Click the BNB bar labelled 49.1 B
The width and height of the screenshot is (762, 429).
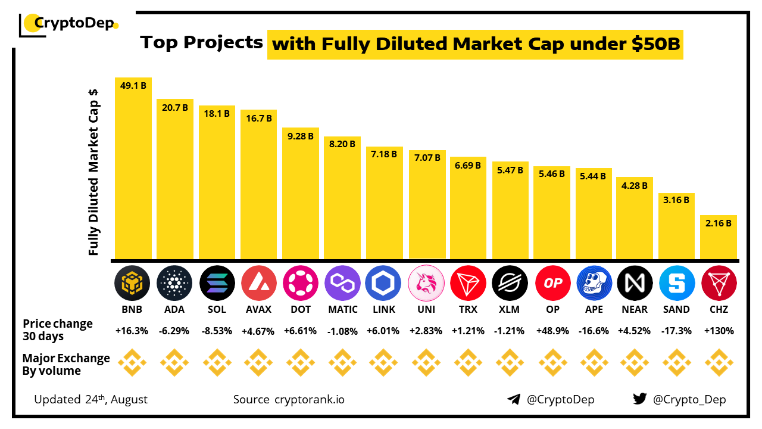click(133, 170)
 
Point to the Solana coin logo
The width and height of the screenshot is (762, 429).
click(217, 282)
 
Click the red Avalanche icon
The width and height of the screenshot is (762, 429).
click(259, 282)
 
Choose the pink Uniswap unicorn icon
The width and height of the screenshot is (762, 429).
click(427, 282)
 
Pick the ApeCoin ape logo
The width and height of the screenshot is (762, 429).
click(594, 282)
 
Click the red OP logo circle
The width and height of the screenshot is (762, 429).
click(552, 282)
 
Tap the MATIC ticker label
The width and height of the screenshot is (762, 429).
click(343, 309)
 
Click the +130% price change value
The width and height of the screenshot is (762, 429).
click(719, 331)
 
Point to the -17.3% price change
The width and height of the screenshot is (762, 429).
click(677, 331)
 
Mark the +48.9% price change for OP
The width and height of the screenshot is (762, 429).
click(552, 331)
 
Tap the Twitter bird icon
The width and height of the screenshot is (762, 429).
click(639, 399)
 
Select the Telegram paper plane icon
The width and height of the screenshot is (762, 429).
click(514, 399)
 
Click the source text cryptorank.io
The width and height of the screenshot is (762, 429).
click(309, 399)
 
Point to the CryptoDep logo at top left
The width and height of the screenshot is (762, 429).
click(69, 24)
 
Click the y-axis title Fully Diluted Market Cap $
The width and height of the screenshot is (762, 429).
click(93, 173)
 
